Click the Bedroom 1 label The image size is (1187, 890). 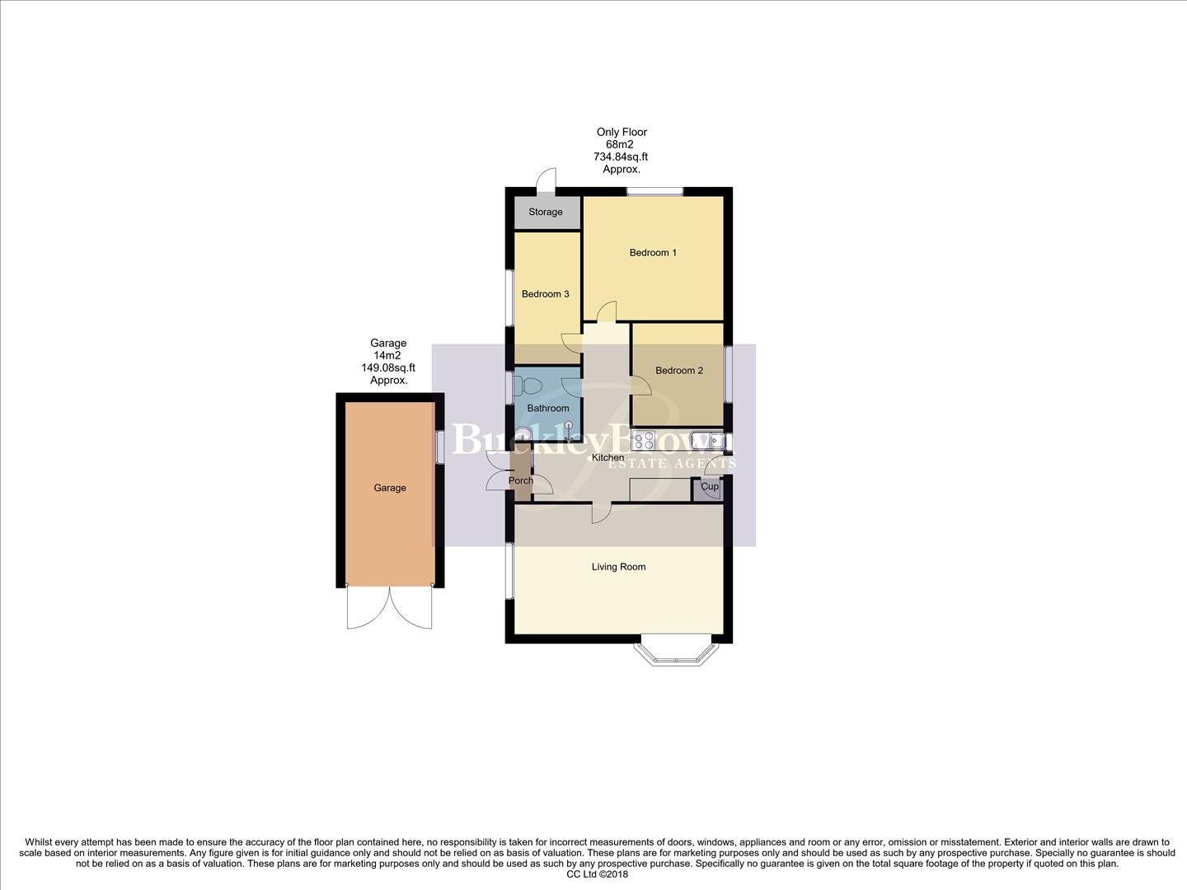point(653,252)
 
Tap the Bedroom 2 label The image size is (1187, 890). point(679,371)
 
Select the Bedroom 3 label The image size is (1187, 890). point(545,294)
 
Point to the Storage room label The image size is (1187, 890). point(545,212)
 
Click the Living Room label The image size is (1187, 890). point(618,567)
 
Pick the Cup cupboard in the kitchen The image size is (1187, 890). point(710,487)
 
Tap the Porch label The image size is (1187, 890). point(520,480)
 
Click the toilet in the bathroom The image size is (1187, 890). point(528,386)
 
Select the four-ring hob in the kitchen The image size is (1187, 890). point(643,441)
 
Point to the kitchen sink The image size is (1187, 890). point(708,441)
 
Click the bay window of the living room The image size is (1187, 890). point(673,650)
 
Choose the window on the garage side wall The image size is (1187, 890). point(439,447)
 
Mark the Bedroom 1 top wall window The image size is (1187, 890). point(654,192)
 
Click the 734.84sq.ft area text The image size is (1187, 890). point(621,157)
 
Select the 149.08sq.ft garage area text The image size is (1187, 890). point(388,368)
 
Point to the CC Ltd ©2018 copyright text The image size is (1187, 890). point(597,874)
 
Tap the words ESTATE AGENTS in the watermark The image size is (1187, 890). point(672,464)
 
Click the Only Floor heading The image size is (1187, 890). point(622,132)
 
